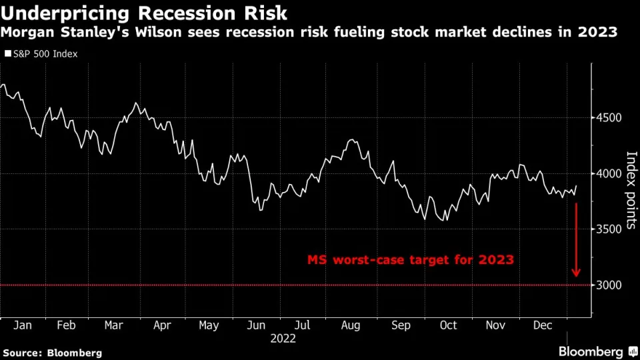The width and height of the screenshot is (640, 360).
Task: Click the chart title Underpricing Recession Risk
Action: pyautogui.click(x=145, y=13)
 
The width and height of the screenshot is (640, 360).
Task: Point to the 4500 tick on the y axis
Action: pyautogui.click(x=608, y=118)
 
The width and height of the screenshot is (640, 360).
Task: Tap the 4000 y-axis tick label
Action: pyautogui.click(x=608, y=173)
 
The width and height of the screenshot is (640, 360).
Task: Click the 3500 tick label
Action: pyautogui.click(x=608, y=229)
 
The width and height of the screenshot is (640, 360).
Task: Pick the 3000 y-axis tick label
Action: pyautogui.click(x=608, y=285)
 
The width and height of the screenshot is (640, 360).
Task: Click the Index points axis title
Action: pyautogui.click(x=631, y=191)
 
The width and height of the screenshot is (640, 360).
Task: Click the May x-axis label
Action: pyautogui.click(x=209, y=325)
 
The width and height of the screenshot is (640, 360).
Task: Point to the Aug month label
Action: pyautogui.click(x=351, y=325)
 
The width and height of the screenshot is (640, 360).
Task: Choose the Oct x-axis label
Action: pyautogui.click(x=448, y=325)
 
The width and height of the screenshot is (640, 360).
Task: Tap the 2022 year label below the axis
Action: pyautogui.click(x=284, y=338)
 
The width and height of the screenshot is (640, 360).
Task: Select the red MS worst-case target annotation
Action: pyautogui.click(x=410, y=260)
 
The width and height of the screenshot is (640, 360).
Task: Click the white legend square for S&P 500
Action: pyautogui.click(x=7, y=53)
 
